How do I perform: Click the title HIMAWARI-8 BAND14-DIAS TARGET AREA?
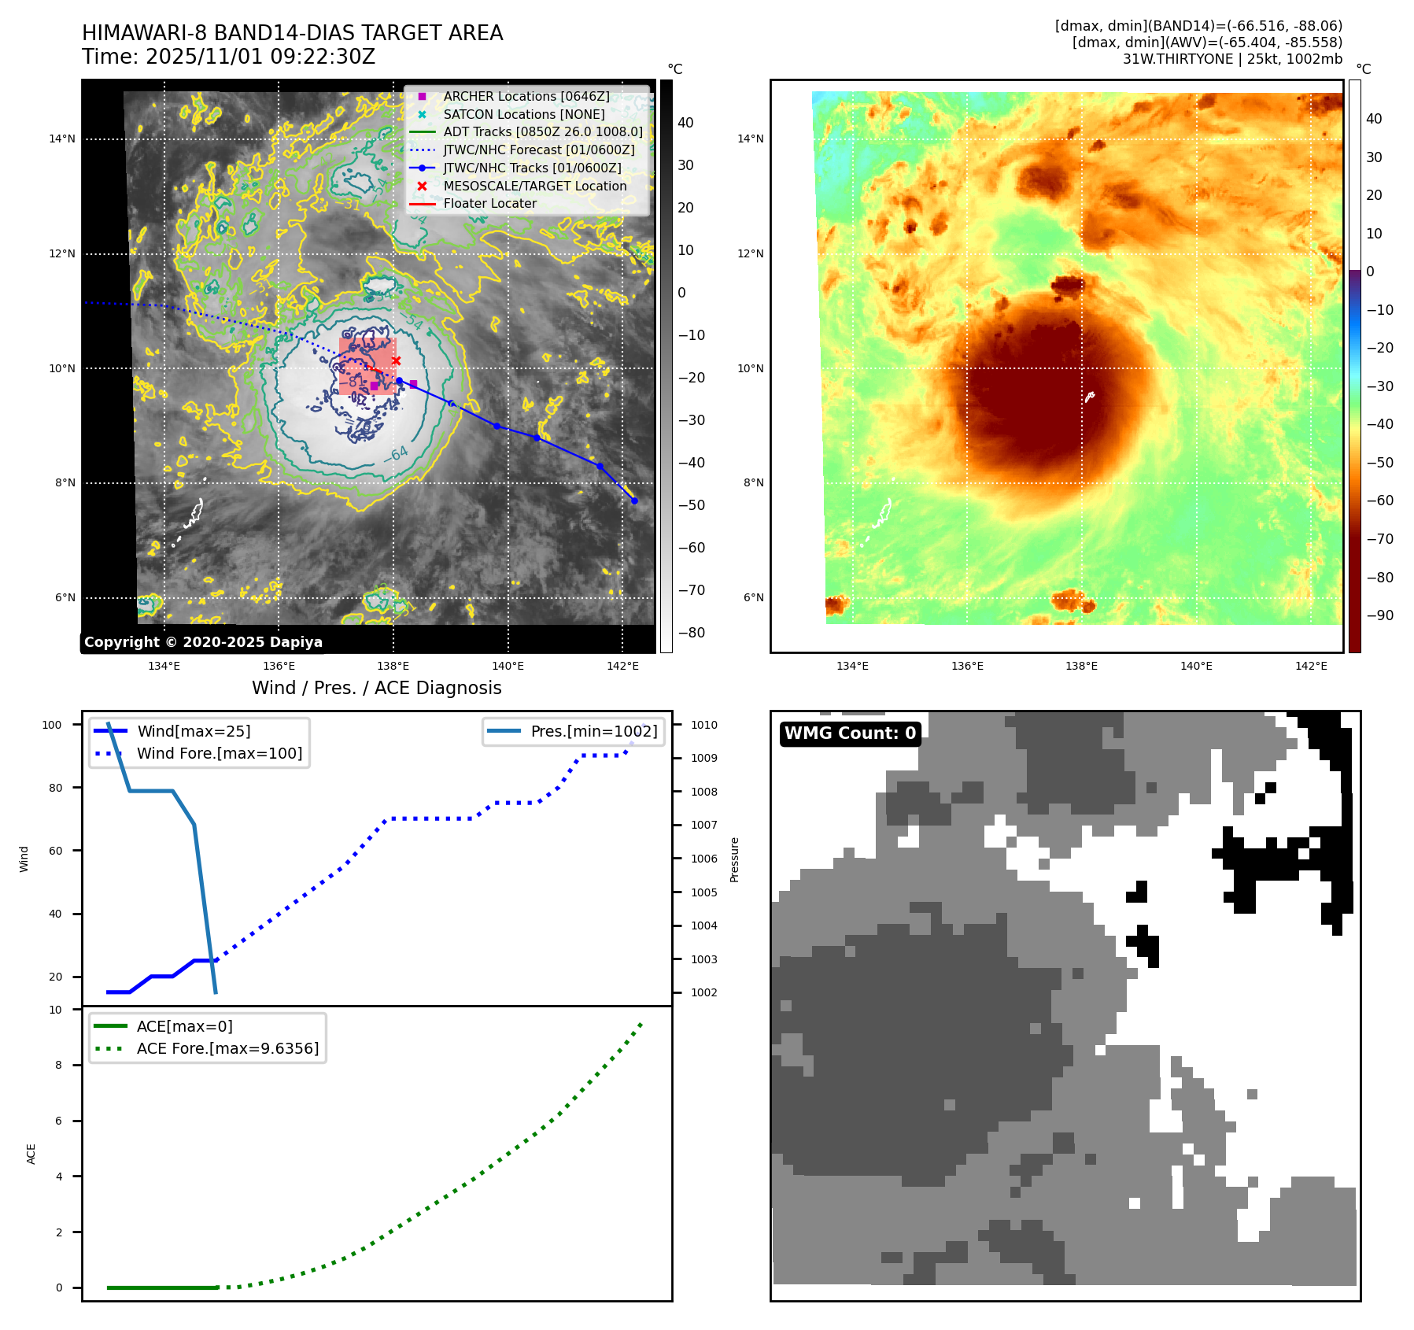(292, 33)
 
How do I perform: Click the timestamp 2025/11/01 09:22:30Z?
(260, 57)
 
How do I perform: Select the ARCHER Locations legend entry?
(526, 96)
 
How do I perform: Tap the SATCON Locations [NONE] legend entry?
(523, 114)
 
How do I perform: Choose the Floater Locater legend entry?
(489, 203)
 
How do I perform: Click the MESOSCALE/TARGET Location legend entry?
(534, 186)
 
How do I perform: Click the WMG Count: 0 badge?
(850, 733)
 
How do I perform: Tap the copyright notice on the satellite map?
(203, 642)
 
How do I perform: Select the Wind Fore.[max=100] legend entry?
(219, 753)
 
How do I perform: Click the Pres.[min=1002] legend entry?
(593, 731)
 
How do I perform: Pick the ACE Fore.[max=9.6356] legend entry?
(227, 1048)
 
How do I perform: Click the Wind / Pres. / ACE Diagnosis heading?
(376, 688)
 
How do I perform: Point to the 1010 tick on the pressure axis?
(704, 725)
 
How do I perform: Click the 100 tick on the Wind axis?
(52, 725)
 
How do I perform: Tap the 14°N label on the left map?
(62, 139)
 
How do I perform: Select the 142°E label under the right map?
(1311, 666)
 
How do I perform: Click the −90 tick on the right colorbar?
(1379, 615)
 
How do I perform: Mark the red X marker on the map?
(396, 361)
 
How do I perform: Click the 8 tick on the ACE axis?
(58, 1065)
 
